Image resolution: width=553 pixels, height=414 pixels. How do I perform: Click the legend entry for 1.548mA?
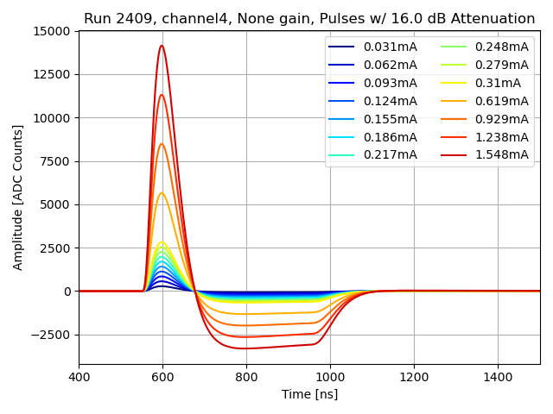pos(502,155)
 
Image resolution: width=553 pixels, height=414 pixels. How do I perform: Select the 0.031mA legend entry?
pos(390,47)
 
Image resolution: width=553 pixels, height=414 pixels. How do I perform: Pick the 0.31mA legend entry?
pos(498,83)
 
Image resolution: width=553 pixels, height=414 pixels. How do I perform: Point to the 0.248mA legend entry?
pos(502,47)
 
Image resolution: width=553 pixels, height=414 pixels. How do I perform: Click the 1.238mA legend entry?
pos(502,137)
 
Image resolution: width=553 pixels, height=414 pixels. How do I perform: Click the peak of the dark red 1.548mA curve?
pos(162,46)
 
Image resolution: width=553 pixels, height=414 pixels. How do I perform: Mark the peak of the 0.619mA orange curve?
pos(162,193)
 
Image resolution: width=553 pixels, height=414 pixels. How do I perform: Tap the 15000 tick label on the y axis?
pos(52,31)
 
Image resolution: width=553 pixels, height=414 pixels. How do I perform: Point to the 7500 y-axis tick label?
pos(55,161)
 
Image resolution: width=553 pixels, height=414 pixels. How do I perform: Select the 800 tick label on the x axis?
pos(246,377)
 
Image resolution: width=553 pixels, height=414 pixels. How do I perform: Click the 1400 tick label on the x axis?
pos(498,377)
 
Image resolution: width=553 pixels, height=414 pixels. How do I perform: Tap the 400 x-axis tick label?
pos(79,377)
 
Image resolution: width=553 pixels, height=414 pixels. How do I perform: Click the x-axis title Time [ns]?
pos(309,394)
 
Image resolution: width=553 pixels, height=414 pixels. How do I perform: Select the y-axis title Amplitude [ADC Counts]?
pos(18,198)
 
